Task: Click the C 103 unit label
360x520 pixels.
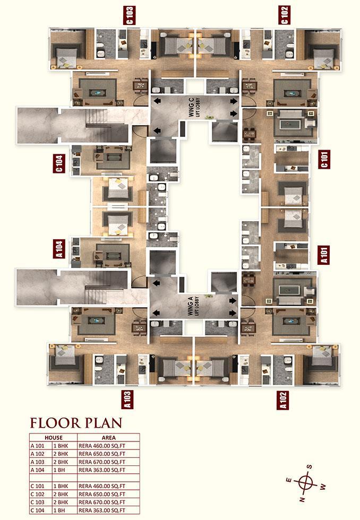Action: pyautogui.click(x=130, y=15)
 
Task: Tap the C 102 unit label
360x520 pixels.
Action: pyautogui.click(x=284, y=15)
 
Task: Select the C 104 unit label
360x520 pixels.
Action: pyautogui.click(x=59, y=163)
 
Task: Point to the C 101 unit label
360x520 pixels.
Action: pyautogui.click(x=324, y=159)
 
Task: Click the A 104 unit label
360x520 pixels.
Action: pyautogui.click(x=59, y=249)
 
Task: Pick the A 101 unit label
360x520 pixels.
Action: pyautogui.click(x=324, y=255)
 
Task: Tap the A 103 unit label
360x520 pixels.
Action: pyautogui.click(x=128, y=400)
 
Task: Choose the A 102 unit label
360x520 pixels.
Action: pyautogui.click(x=282, y=400)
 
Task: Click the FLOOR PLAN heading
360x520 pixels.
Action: pyautogui.click(x=76, y=423)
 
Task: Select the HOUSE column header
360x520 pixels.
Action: pyautogui.click(x=54, y=438)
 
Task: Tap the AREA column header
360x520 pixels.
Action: pyautogui.click(x=108, y=438)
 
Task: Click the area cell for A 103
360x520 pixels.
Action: pyautogui.click(x=102, y=462)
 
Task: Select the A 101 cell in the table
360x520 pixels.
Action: pyautogui.click(x=37, y=446)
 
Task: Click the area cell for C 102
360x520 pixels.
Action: pyautogui.click(x=102, y=494)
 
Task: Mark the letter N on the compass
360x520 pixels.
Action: pyautogui.click(x=302, y=499)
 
